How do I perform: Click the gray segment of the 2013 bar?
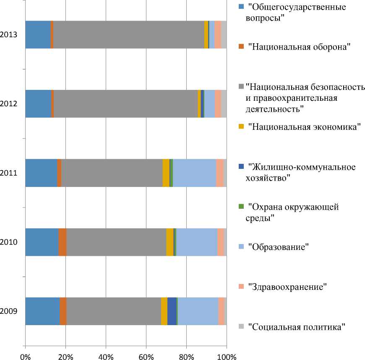pyautogui.click(x=128, y=34)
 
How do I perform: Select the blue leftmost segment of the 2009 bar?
pyautogui.click(x=42, y=311)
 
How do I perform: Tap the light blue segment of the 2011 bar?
pyautogui.click(x=194, y=173)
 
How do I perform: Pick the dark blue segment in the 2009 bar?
pyautogui.click(x=172, y=311)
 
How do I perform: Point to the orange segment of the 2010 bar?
pyautogui.click(x=63, y=242)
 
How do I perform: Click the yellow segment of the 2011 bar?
pyautogui.click(x=166, y=173)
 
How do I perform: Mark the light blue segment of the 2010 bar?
pyautogui.click(x=197, y=242)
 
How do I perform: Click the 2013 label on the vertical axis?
pyautogui.click(x=9, y=34)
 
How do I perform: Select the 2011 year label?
pyautogui.click(x=9, y=173)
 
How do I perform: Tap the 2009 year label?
pyautogui.click(x=9, y=311)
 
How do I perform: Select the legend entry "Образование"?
pyautogui.click(x=279, y=246)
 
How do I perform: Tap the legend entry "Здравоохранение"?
pyautogui.click(x=287, y=287)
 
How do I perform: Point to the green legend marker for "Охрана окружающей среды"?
pyautogui.click(x=241, y=206)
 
